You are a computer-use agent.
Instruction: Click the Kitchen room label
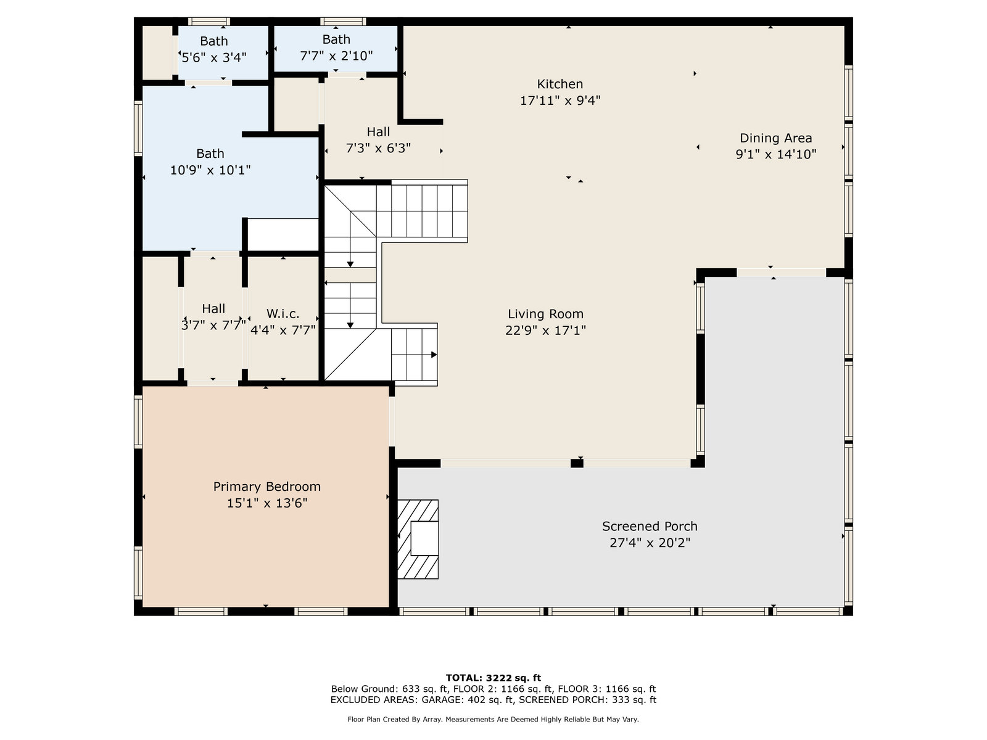(560, 84)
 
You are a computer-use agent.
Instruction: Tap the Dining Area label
(775, 138)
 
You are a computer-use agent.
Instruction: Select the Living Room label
(545, 314)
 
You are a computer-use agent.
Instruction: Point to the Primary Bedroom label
(266, 487)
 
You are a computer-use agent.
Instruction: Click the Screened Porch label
(650, 526)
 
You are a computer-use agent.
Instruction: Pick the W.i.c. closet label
(283, 314)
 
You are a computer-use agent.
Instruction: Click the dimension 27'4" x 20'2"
(650, 543)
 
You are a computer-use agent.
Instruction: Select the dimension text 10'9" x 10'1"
(210, 170)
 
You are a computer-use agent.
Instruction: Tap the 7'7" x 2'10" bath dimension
(336, 55)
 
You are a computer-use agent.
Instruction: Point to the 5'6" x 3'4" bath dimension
(213, 57)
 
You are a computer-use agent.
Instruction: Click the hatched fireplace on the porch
(418, 539)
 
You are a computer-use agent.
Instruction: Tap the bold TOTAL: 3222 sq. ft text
(493, 678)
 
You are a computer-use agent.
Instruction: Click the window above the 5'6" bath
(209, 21)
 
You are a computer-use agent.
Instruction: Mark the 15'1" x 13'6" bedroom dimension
(266, 503)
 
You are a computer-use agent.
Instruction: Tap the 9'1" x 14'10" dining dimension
(775, 154)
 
